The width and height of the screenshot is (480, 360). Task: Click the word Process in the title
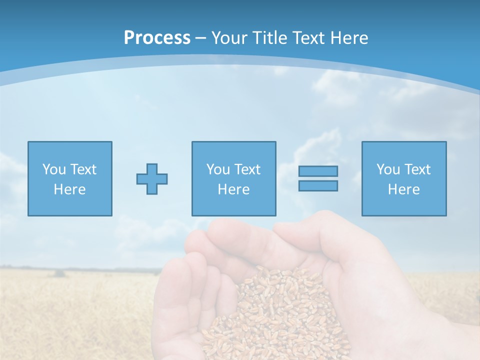click(157, 38)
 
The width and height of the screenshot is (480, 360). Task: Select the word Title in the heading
click(272, 38)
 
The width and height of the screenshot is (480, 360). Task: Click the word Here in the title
click(350, 38)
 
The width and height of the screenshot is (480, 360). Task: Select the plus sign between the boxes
click(152, 178)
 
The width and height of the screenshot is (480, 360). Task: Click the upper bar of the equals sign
click(318, 171)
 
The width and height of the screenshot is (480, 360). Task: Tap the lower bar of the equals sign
click(318, 186)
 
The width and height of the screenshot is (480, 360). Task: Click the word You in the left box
click(54, 169)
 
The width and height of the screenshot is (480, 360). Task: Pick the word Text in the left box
click(83, 169)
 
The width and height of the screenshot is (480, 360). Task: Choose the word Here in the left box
click(69, 189)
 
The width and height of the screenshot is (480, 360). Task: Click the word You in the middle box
click(218, 169)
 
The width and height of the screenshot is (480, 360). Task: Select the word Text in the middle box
click(247, 169)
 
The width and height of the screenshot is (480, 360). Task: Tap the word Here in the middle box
click(233, 189)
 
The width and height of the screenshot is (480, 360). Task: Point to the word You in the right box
click(388, 169)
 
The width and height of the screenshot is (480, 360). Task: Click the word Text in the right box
click(417, 169)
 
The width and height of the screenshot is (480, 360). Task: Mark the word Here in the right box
click(403, 189)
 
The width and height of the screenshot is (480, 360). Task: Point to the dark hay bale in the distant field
click(59, 273)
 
